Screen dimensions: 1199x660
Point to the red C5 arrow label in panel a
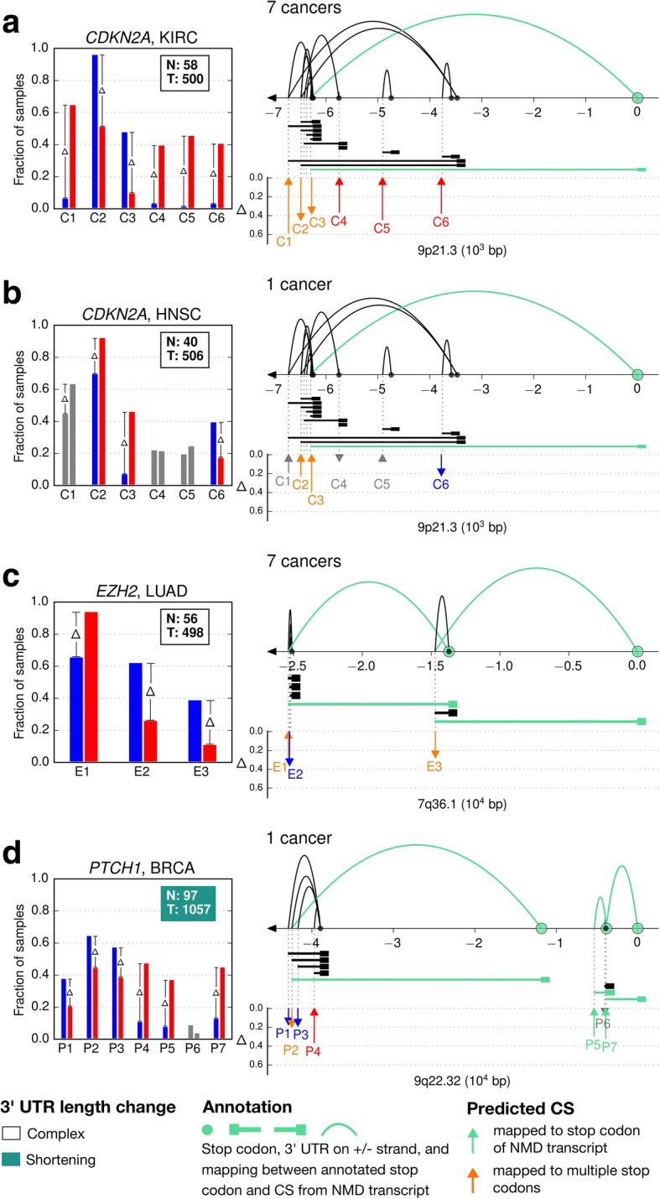tap(382, 227)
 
